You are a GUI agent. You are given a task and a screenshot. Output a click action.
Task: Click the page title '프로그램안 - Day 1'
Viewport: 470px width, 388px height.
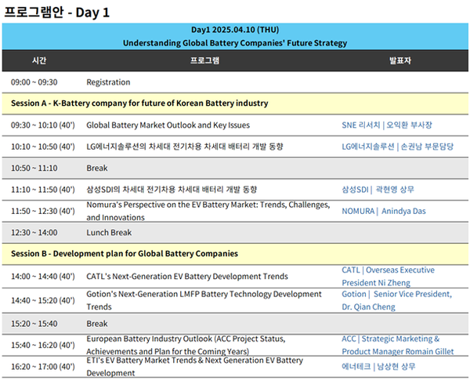[56, 13]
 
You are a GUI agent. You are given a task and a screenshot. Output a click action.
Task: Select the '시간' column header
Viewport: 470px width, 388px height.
[39, 60]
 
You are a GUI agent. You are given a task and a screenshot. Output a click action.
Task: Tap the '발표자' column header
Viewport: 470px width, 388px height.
[400, 60]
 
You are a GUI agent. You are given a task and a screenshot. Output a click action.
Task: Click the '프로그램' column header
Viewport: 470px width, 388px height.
[205, 60]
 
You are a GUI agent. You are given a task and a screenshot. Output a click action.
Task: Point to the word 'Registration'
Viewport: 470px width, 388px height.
[108, 82]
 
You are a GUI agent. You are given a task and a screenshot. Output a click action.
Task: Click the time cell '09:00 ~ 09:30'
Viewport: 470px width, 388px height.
[34, 82]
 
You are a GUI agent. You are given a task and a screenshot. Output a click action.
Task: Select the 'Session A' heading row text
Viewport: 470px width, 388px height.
[139, 103]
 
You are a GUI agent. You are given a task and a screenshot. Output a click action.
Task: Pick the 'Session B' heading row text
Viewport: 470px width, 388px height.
[125, 254]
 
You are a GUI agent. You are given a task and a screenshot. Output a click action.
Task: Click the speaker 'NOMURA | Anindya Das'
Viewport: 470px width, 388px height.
[384, 211]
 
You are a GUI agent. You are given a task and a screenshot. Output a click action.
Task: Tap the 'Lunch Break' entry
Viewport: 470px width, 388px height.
[109, 232]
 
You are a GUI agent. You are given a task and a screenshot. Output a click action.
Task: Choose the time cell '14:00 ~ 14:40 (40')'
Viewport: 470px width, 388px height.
[43, 276]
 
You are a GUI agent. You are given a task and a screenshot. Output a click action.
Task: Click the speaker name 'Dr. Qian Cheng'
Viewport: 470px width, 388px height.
[368, 307]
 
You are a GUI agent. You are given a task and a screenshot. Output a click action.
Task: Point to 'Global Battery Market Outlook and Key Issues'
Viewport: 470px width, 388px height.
[168, 125]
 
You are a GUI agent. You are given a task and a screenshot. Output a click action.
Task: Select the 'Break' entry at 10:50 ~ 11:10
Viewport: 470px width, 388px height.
[97, 168]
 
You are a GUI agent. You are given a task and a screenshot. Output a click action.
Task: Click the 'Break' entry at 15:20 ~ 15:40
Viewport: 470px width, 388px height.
[97, 324]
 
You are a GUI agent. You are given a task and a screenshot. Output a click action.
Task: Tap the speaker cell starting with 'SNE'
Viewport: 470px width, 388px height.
[387, 125]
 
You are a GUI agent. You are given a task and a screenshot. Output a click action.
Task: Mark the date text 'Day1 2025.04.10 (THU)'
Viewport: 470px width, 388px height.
[235, 30]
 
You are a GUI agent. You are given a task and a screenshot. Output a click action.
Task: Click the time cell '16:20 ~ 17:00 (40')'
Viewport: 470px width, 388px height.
[43, 367]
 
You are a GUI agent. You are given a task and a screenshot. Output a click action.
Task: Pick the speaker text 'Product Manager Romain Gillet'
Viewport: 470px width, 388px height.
[398, 351]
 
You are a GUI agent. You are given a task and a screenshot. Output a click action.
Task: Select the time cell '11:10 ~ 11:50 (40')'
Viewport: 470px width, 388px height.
[43, 190]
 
